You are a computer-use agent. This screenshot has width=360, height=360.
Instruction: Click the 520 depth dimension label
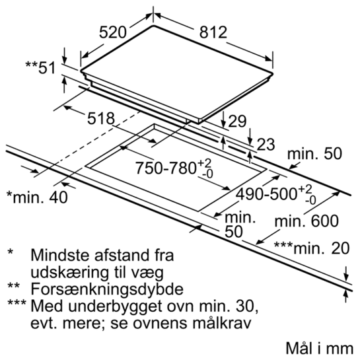(113, 32)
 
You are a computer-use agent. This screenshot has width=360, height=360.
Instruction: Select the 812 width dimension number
(213, 32)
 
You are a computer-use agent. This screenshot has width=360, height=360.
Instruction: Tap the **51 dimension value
(40, 67)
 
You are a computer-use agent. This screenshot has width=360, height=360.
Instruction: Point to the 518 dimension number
(101, 118)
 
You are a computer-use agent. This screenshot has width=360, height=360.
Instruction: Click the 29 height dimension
(237, 122)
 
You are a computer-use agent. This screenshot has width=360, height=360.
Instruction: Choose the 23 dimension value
(266, 145)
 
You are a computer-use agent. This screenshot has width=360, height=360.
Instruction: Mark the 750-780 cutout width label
(174, 168)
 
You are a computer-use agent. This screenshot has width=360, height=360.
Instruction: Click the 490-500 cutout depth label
(276, 195)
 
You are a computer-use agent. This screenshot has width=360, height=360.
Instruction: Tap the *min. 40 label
(37, 197)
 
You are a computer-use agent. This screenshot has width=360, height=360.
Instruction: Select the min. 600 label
(306, 221)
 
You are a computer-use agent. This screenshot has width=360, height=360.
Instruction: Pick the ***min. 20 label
(312, 248)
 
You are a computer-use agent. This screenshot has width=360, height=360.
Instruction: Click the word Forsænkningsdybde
(107, 289)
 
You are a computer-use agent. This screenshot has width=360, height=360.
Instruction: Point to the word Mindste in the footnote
(61, 255)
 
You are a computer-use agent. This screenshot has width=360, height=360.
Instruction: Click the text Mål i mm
(319, 348)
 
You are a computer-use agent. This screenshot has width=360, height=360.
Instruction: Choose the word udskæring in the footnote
(69, 273)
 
